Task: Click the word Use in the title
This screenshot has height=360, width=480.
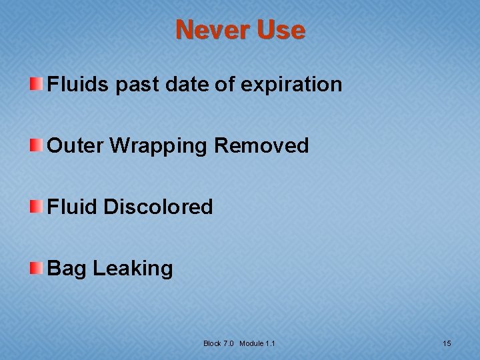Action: click(x=280, y=30)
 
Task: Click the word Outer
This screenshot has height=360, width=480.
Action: click(x=75, y=146)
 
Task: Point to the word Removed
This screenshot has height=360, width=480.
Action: click(x=261, y=146)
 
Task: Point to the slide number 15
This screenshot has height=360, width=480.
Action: click(x=447, y=343)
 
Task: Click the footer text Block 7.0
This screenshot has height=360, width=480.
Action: click(x=219, y=343)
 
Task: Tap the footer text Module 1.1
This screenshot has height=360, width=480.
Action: click(x=258, y=343)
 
